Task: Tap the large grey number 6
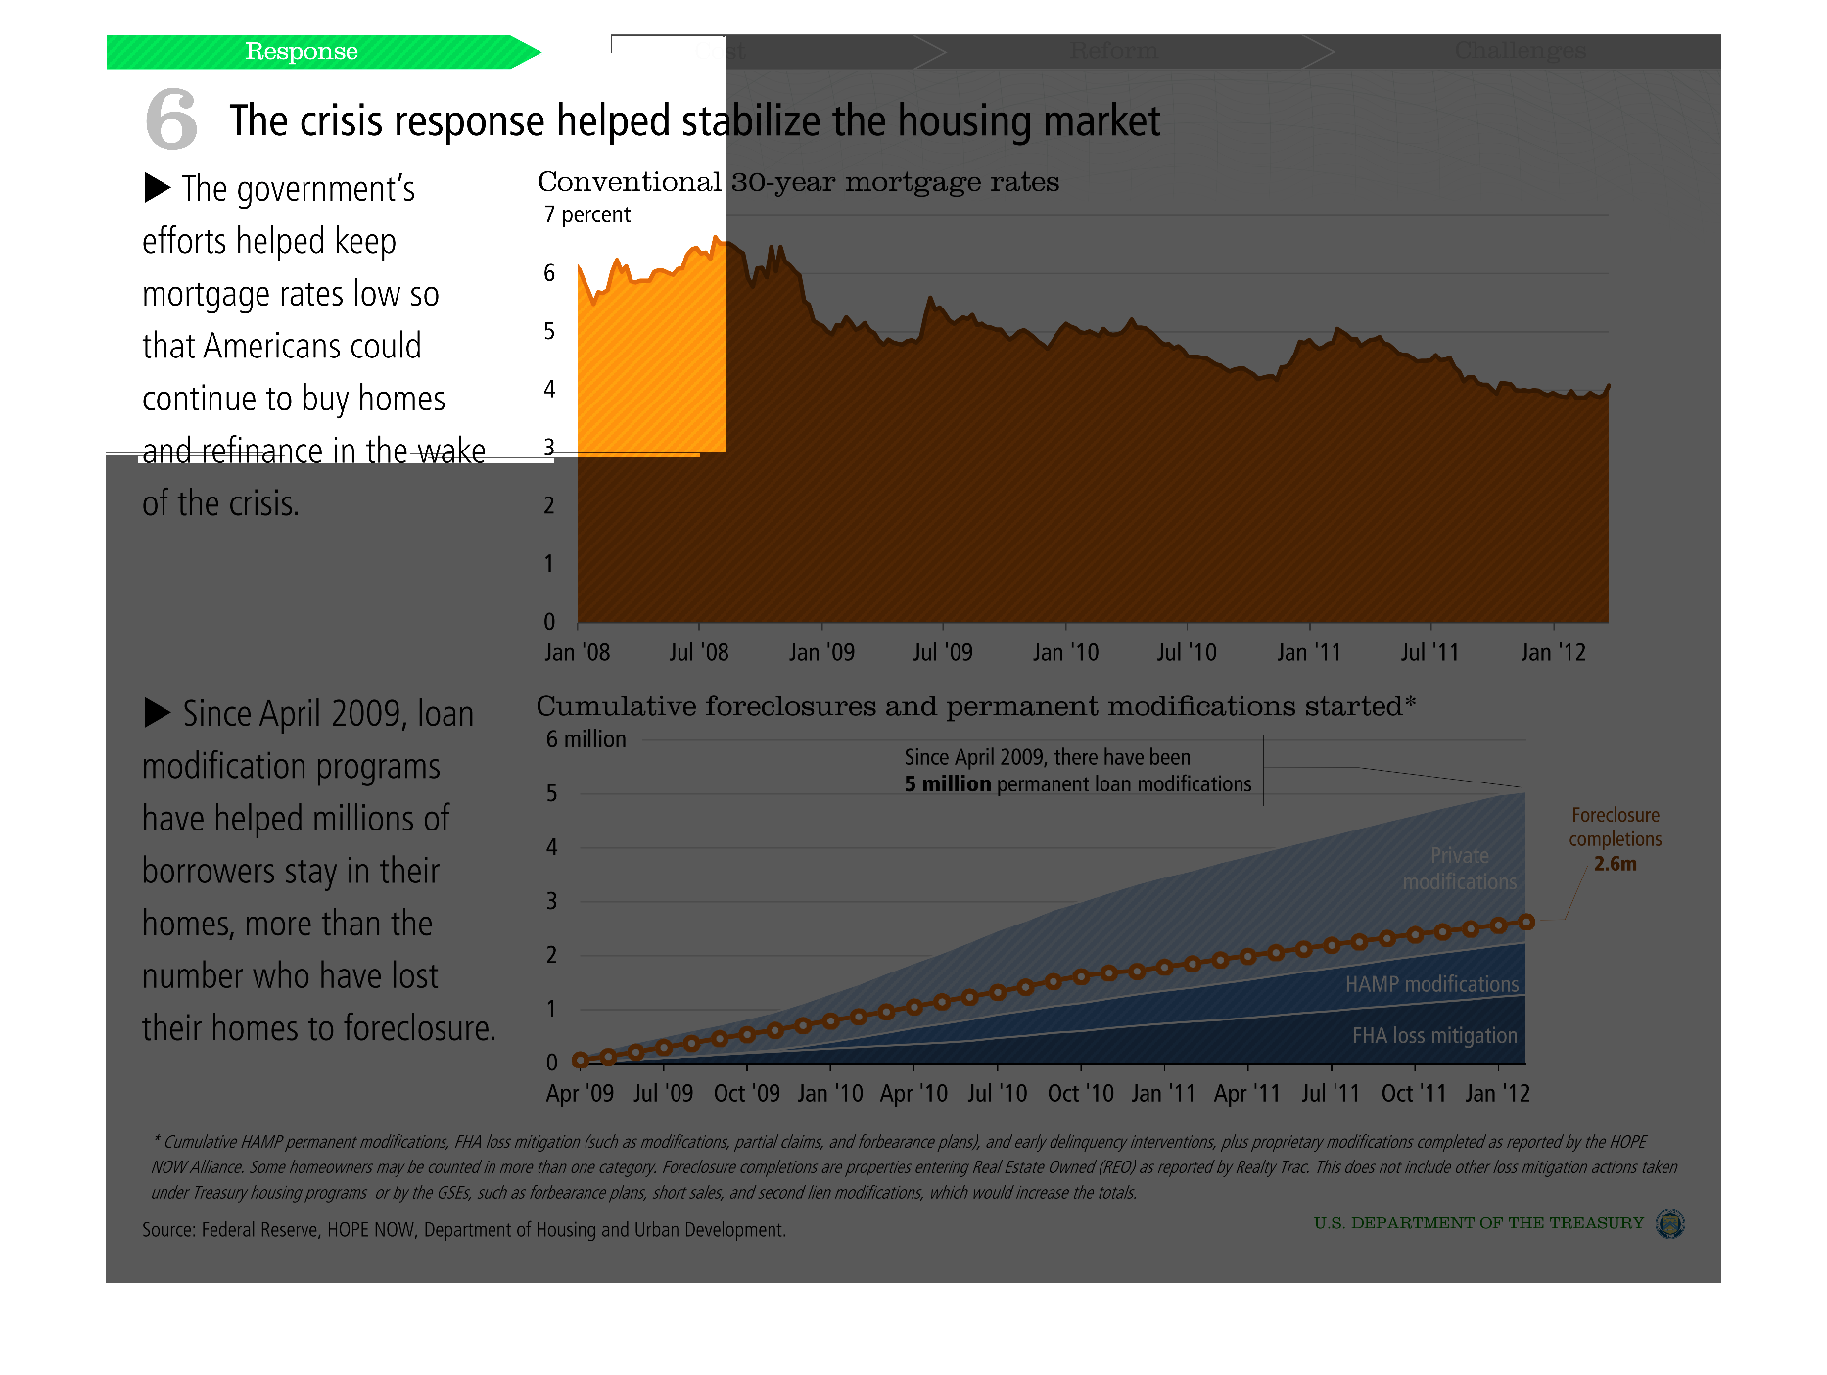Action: (171, 119)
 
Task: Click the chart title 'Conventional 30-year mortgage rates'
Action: (798, 182)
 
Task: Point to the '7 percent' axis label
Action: (587, 214)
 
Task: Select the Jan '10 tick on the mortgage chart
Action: (1065, 652)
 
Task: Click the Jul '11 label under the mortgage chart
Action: (1429, 652)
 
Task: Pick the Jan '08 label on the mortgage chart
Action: (577, 652)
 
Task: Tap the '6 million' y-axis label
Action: (586, 739)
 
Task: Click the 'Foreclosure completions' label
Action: (1616, 827)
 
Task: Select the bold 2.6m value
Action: (1616, 864)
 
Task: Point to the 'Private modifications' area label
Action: (1459, 869)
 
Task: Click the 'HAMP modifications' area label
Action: (1431, 984)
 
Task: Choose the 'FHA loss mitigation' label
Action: (1434, 1035)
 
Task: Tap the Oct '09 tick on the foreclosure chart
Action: (747, 1093)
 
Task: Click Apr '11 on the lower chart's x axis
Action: (1247, 1093)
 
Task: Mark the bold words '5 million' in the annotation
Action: (948, 784)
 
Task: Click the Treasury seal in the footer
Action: (1669, 1223)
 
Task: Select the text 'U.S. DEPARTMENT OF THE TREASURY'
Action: (1478, 1223)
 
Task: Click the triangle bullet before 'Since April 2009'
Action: (158, 712)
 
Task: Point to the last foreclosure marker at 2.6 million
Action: (1526, 922)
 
